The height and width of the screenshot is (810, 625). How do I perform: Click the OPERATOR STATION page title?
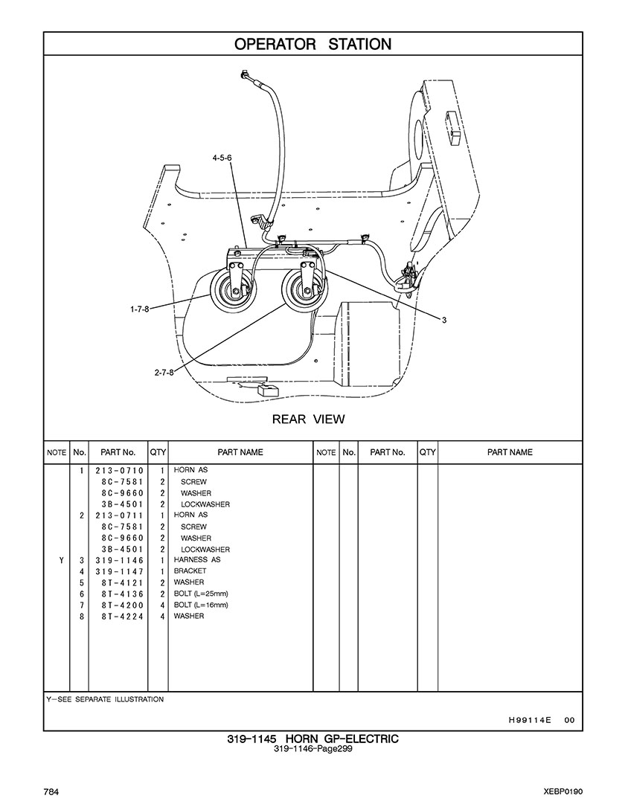click(x=312, y=44)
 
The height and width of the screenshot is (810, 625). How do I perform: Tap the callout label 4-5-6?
click(x=222, y=158)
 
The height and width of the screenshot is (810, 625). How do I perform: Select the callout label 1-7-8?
click(x=140, y=309)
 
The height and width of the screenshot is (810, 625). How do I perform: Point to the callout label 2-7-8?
click(x=164, y=372)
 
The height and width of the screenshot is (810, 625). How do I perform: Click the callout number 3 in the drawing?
click(x=443, y=321)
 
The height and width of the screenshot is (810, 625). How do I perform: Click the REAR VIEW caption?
click(x=308, y=419)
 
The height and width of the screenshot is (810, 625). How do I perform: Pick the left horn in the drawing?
click(x=233, y=289)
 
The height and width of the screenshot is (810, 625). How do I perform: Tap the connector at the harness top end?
click(x=246, y=75)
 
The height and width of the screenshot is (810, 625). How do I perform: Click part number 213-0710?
click(x=119, y=471)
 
